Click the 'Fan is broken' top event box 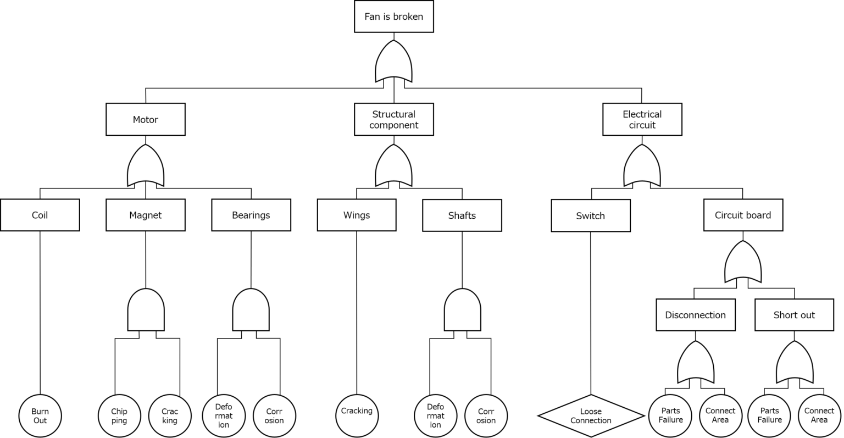393,16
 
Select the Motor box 145,119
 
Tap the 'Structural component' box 393,119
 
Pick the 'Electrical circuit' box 642,119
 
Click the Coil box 40,215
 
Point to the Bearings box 251,215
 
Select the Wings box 356,215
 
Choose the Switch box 590,215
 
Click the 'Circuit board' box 743,215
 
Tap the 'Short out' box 794,315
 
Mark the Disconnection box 695,315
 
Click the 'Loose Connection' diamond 591,416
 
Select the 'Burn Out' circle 40,416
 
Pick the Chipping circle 119,416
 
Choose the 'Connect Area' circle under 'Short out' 819,416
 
